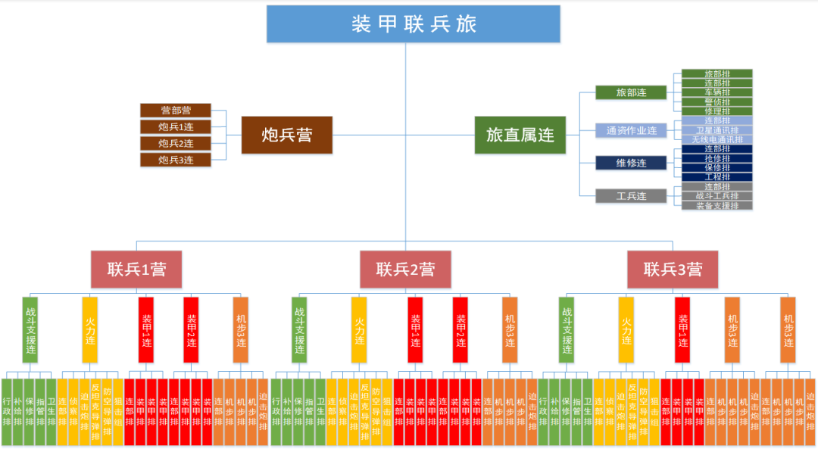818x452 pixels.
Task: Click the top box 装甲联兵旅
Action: tap(413, 23)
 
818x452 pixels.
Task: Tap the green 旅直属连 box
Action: tap(520, 136)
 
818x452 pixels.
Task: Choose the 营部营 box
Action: tap(176, 111)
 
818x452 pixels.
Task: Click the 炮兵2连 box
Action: tap(176, 143)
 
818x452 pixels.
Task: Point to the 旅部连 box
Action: tap(631, 92)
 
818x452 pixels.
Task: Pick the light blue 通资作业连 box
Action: tap(631, 130)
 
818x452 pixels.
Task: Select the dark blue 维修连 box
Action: tap(631, 163)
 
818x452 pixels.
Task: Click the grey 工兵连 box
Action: tap(631, 196)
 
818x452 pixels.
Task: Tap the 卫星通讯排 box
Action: tap(717, 130)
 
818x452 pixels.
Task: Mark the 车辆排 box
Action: tap(717, 92)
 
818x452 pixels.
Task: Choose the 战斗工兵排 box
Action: tap(717, 196)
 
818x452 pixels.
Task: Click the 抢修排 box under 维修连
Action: tap(717, 158)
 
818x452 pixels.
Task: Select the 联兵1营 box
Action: tap(136, 269)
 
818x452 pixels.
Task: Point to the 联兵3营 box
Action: tap(673, 269)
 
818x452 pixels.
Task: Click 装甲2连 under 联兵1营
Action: tap(191, 329)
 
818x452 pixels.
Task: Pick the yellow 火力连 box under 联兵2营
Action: tap(359, 329)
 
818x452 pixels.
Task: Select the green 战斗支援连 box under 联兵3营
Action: tap(567, 329)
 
